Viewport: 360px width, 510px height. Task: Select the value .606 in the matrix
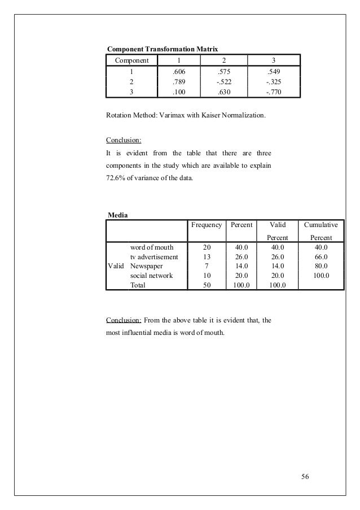179,72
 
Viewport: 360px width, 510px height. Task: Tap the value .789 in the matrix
179,82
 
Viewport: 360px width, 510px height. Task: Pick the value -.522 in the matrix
224,82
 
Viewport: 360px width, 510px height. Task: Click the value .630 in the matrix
225,92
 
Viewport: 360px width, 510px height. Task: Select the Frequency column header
206,225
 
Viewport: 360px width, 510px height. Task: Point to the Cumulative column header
321,225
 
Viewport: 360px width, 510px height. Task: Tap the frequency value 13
207,256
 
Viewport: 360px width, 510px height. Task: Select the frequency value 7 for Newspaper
207,266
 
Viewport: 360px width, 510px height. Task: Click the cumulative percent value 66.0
320,256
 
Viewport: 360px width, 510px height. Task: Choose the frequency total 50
207,285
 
